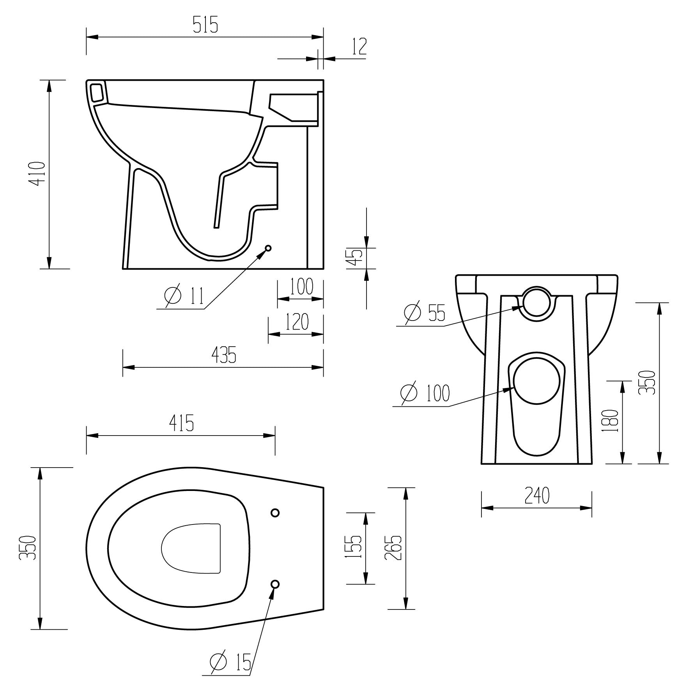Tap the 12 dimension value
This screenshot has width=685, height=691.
tap(359, 46)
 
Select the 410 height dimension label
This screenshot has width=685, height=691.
tap(39, 174)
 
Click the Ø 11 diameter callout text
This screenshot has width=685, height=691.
tap(184, 296)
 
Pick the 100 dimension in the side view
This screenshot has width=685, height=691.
tap(301, 287)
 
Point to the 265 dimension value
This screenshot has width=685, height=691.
tap(393, 547)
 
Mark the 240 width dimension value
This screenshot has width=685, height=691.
tap(537, 496)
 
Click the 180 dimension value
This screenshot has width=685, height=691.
tap(611, 420)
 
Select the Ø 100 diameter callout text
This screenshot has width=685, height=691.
tap(425, 393)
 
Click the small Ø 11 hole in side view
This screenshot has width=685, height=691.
tap(268, 248)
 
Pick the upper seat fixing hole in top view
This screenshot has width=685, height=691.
tap(275, 513)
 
